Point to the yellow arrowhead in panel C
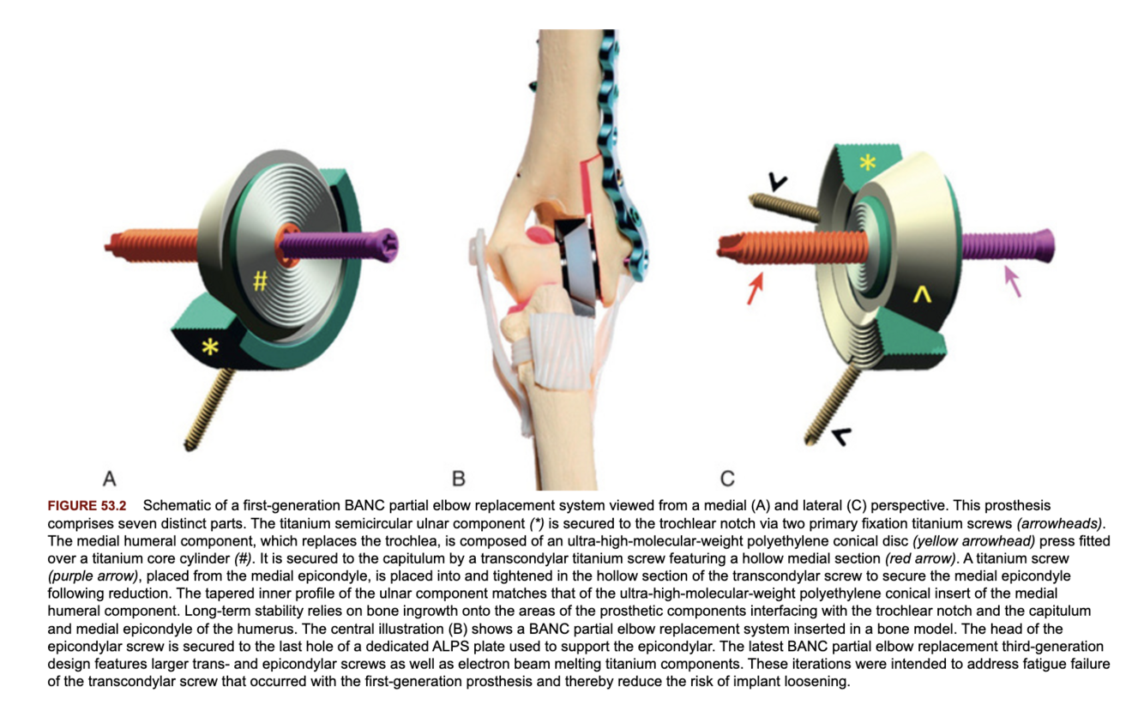click(x=922, y=294)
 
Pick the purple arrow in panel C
click(x=1013, y=280)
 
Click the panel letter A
click(x=109, y=478)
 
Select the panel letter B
click(x=459, y=478)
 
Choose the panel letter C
click(x=727, y=478)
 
